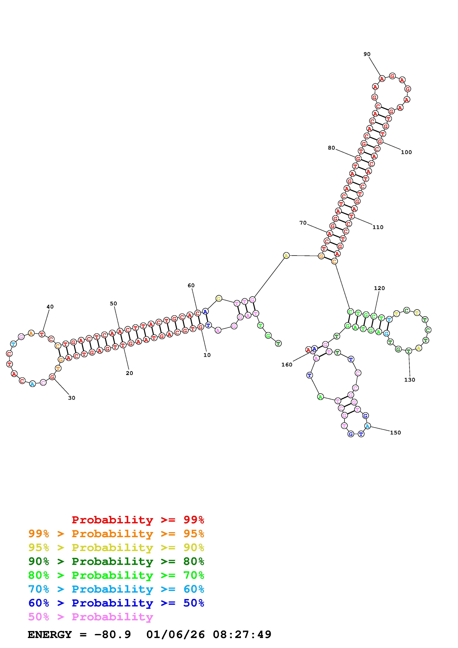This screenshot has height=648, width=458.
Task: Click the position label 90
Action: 367,54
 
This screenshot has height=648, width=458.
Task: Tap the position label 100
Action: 406,152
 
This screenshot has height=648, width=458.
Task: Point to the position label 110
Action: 378,227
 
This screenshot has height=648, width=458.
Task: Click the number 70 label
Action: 303,223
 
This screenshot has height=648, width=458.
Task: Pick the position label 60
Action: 191,285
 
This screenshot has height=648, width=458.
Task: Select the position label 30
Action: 72,398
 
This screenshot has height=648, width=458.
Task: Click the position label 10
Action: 207,355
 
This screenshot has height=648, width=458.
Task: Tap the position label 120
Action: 379,288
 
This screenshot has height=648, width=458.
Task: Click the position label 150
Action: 395,433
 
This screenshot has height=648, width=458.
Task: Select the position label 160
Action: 287,365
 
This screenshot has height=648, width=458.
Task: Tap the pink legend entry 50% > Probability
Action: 91,617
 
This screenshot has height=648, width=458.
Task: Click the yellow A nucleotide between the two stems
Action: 286,256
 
